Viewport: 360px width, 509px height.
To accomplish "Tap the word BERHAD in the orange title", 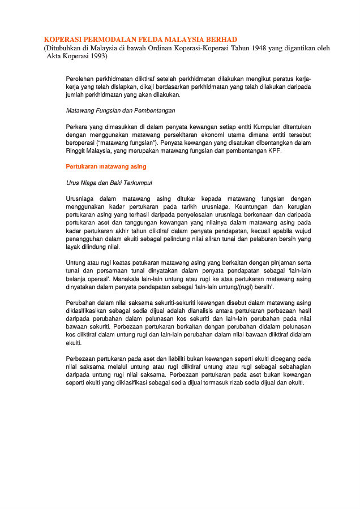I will coord(220,40).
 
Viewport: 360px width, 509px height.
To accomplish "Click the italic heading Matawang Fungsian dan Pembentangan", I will coord(121,111).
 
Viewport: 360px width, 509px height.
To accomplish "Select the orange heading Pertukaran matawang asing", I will coord(106,167).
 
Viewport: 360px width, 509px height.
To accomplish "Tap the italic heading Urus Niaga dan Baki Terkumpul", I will coord(109,183).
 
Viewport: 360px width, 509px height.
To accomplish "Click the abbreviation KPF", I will coord(275,151).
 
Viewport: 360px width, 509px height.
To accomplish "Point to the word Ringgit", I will coord(76,151).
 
